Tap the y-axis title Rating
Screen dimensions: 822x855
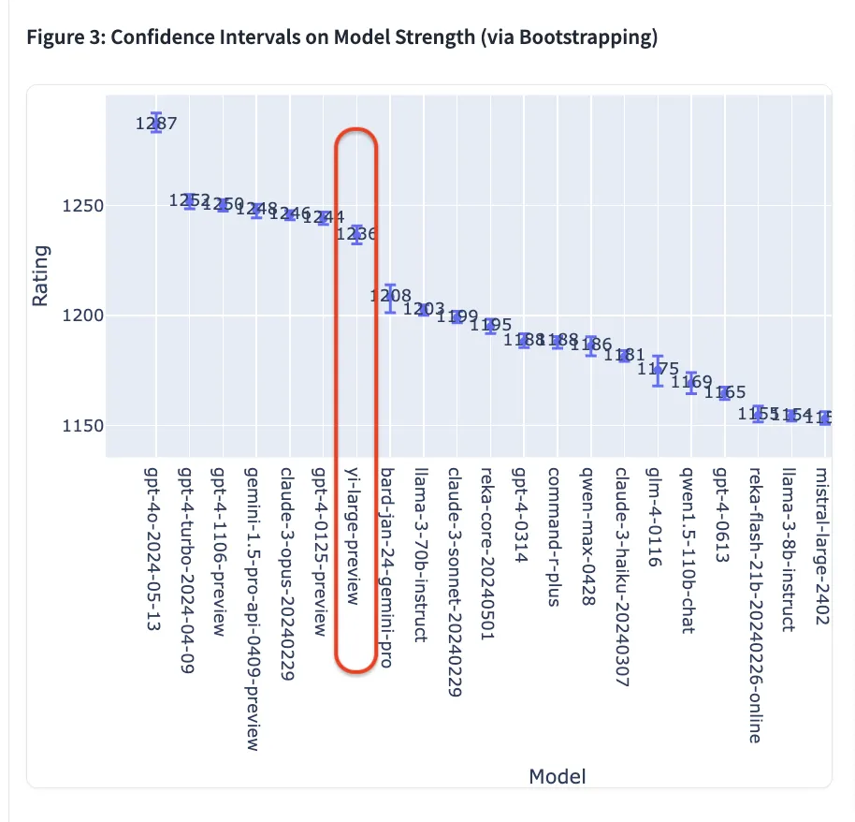[40, 276]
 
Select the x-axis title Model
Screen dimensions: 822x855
[558, 776]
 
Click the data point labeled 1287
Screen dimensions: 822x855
[156, 123]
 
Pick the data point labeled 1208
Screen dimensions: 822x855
[390, 298]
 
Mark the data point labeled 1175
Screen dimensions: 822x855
[658, 370]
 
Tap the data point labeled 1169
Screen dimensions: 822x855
[691, 382]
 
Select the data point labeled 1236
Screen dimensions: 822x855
[356, 234]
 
